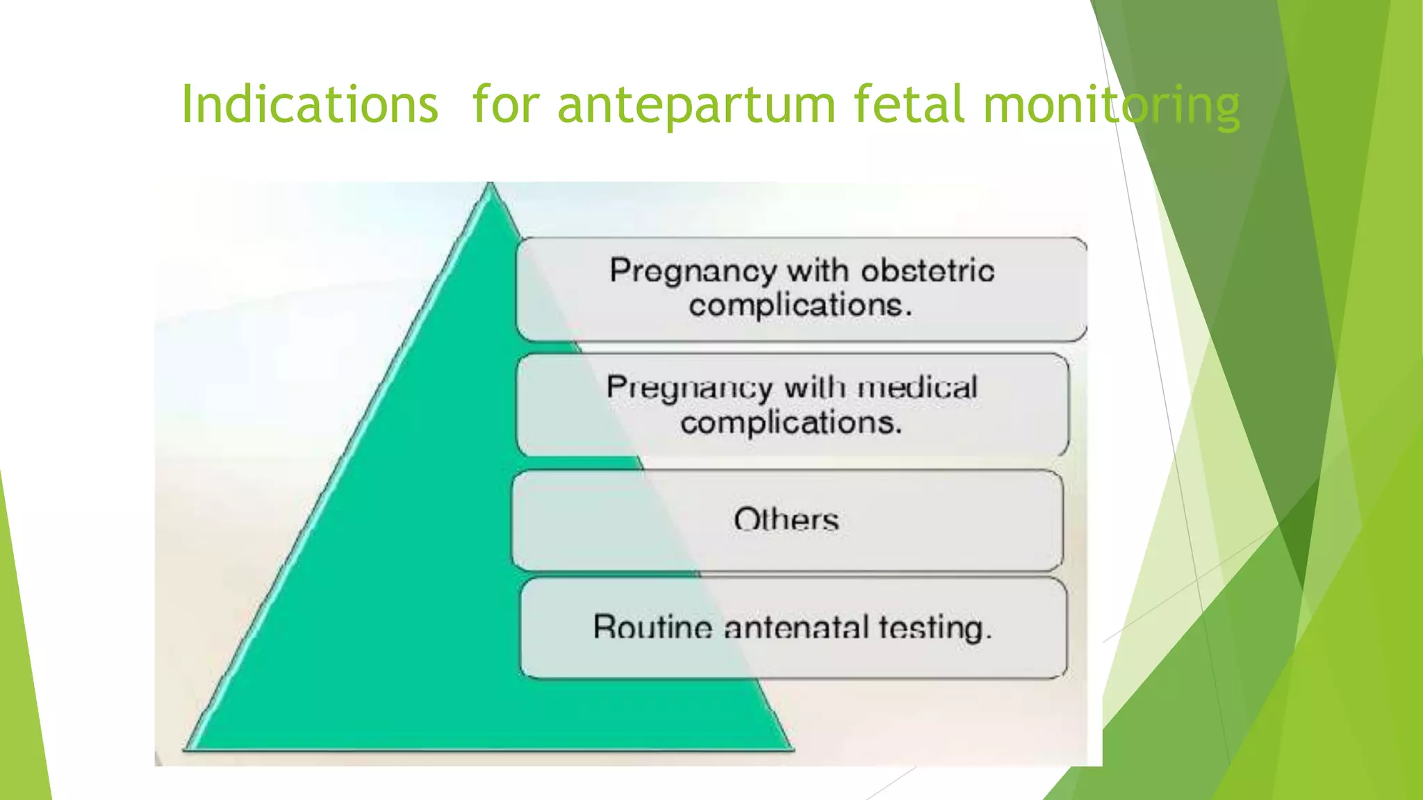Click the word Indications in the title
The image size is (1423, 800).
pos(309,104)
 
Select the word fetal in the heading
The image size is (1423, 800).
pos(909,104)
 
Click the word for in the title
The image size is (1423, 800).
pos(505,104)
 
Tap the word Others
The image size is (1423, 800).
pos(787,519)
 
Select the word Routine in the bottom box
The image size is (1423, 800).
pos(652,627)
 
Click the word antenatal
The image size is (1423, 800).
pos(796,627)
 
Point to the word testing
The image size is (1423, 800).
pos(935,628)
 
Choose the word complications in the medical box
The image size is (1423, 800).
pos(791,422)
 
